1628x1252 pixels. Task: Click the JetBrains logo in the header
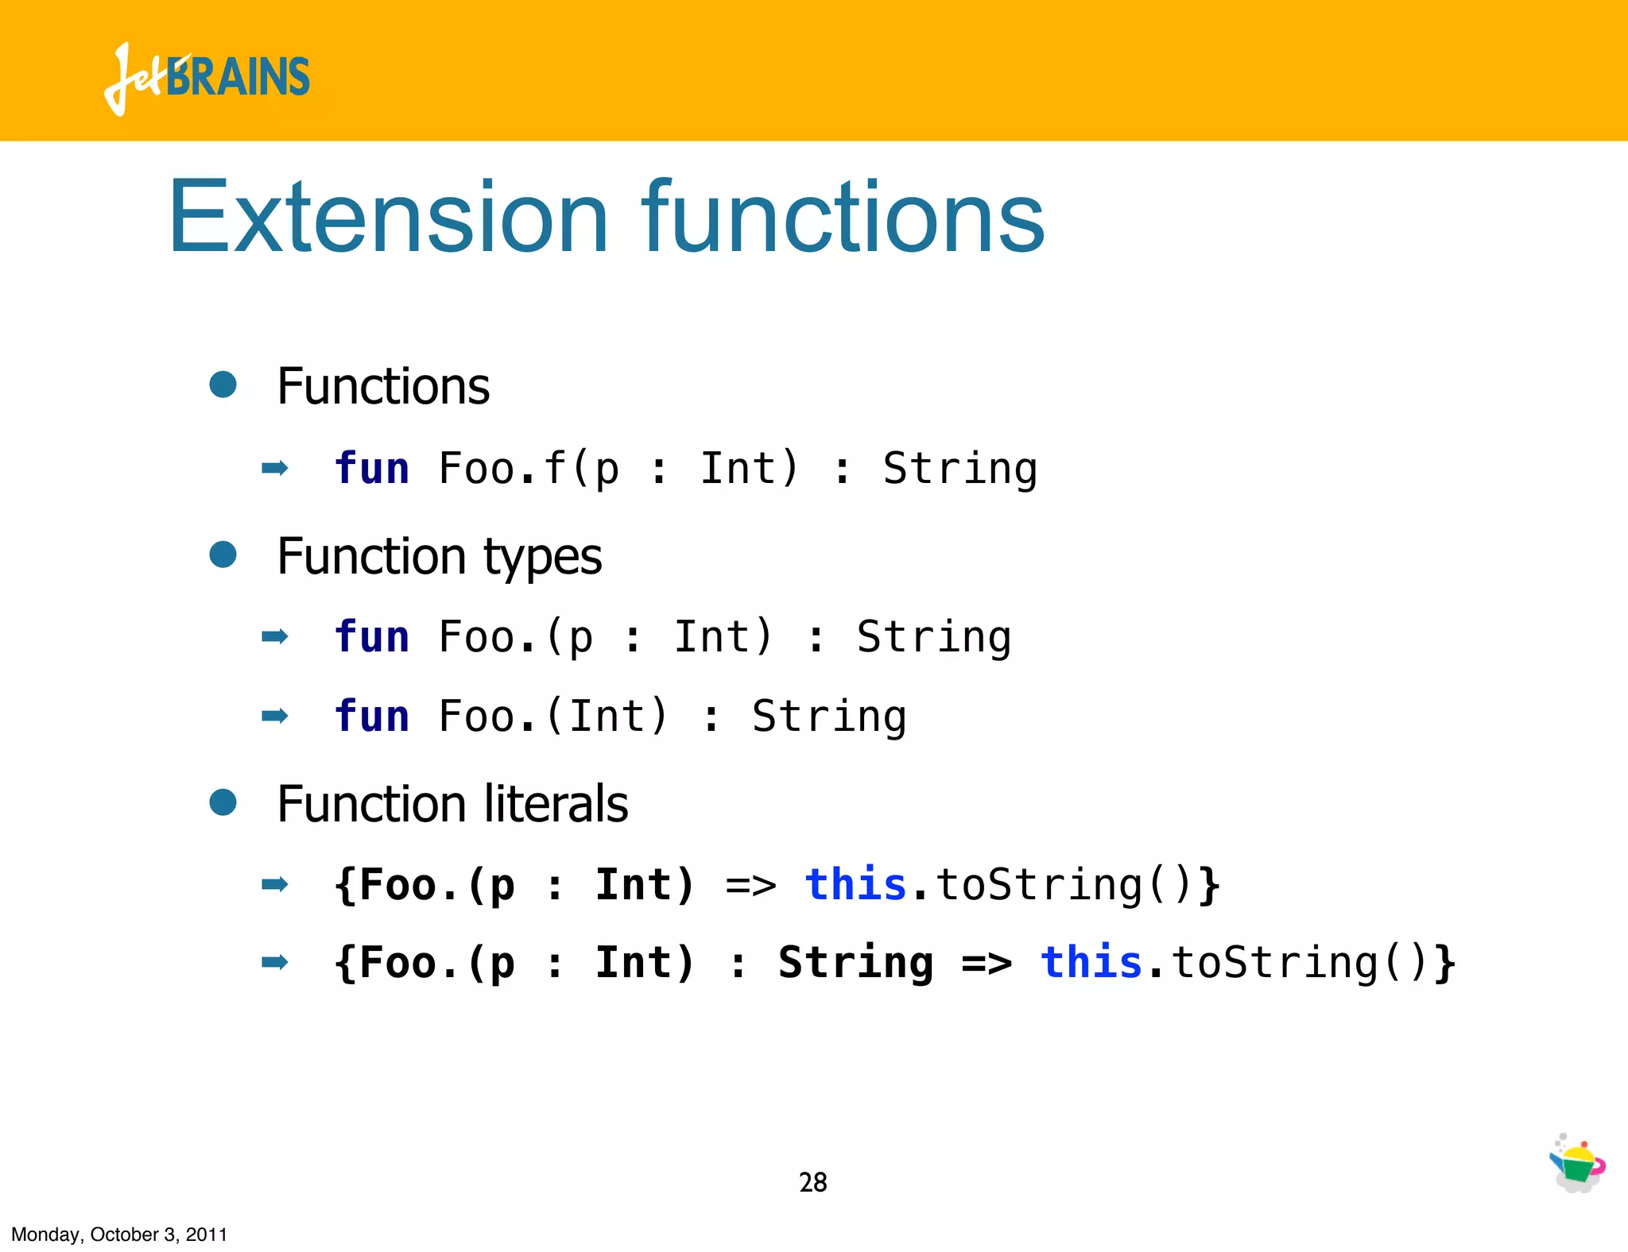point(207,78)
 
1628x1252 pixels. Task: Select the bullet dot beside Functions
point(223,384)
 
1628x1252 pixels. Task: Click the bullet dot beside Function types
point(223,555)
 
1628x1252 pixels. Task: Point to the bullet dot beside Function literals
point(223,802)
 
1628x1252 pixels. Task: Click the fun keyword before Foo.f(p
point(372,468)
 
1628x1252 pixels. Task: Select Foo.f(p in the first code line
point(529,469)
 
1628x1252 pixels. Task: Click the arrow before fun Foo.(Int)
point(274,716)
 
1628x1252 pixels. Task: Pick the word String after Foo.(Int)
point(829,717)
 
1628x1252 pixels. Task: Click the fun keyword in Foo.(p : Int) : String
point(372,636)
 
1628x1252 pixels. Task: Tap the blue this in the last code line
point(1091,962)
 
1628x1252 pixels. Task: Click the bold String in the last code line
point(855,963)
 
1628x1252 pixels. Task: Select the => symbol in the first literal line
point(750,885)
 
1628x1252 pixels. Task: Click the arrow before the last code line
point(274,963)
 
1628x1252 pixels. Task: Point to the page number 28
point(812,1182)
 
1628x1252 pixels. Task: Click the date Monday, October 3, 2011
point(119,1235)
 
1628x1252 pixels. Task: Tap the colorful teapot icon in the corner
point(1577,1164)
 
